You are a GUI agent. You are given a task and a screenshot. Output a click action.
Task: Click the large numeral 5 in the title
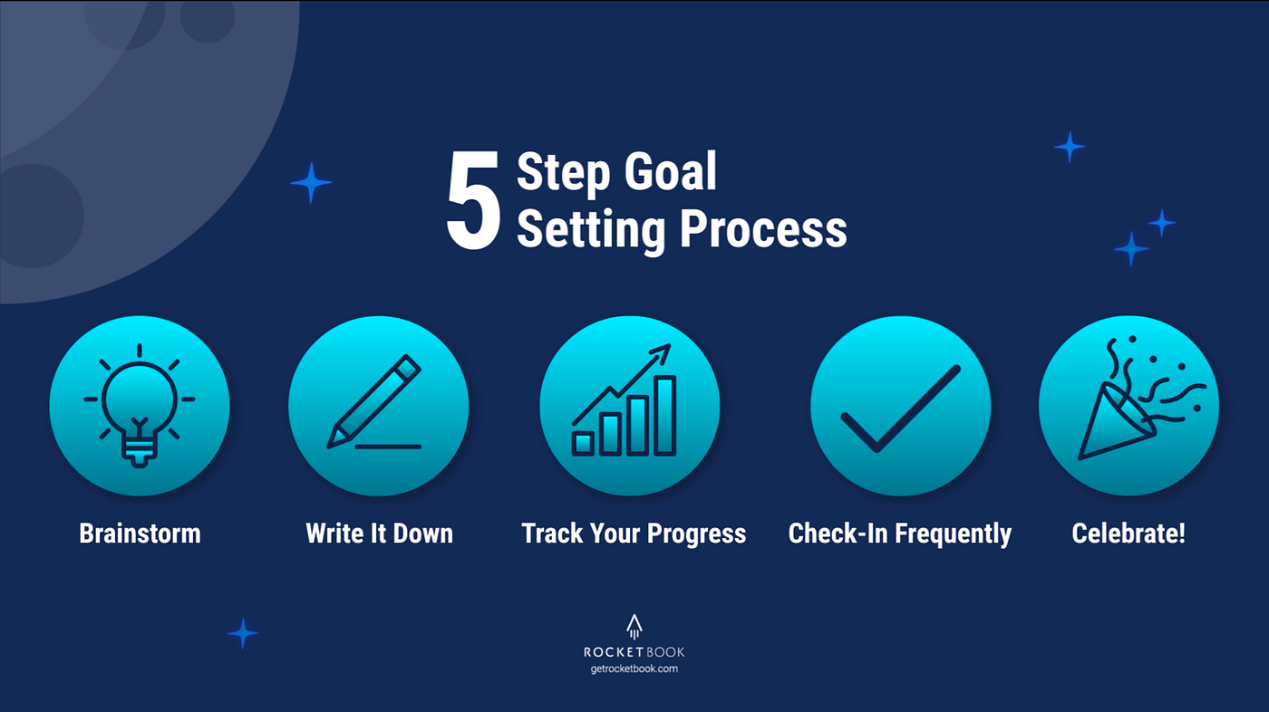coord(473,201)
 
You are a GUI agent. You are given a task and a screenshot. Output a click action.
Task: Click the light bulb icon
coord(139,406)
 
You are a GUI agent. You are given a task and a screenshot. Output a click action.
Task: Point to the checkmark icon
coord(900,408)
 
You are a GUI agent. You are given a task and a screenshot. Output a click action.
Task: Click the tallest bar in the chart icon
coord(665,416)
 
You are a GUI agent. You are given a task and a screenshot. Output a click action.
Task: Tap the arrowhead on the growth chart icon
coord(662,351)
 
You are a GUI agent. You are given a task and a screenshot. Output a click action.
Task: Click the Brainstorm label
coord(140,533)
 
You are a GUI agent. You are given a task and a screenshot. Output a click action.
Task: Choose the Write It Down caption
coord(379,533)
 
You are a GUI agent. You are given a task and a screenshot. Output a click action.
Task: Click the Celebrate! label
coord(1129,533)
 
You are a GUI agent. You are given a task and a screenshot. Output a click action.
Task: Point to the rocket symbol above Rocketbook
coord(634,628)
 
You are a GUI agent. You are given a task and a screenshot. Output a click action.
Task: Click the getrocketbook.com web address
coord(634,669)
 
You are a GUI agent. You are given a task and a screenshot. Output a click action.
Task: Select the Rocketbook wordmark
coord(634,651)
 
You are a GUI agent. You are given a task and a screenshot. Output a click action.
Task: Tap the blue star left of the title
coord(311,182)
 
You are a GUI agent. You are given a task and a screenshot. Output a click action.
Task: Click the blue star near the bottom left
coord(243,633)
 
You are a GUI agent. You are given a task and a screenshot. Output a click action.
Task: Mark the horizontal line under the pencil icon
coord(388,447)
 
